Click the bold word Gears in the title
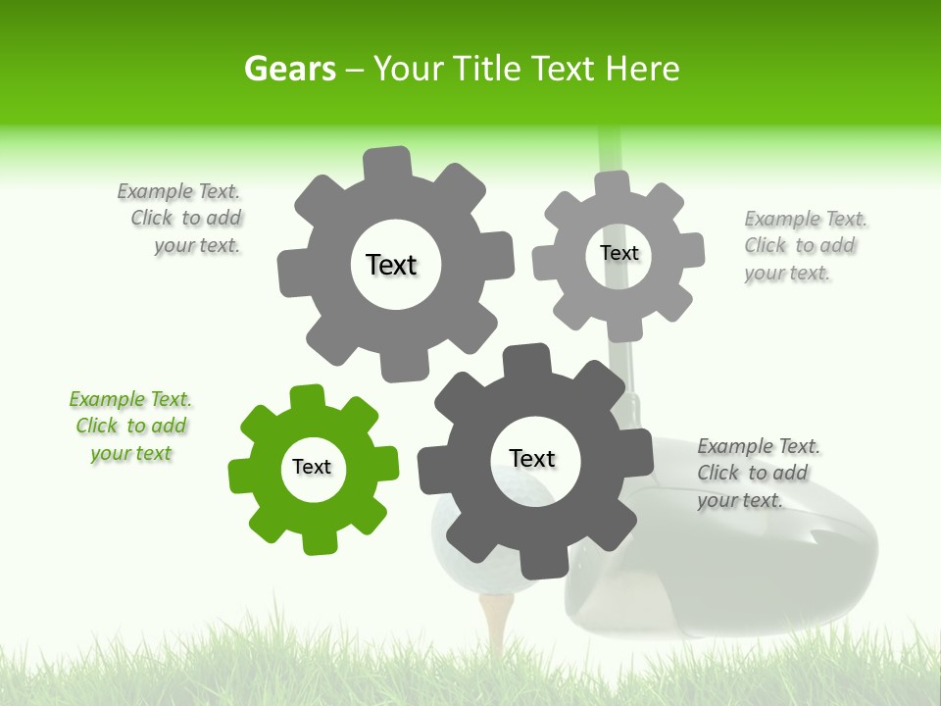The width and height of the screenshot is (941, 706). click(x=289, y=69)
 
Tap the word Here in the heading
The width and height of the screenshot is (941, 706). click(x=642, y=69)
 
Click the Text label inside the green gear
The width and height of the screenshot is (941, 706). click(x=312, y=468)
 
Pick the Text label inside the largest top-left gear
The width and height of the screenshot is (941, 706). click(x=391, y=265)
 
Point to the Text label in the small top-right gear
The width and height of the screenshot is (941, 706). click(x=619, y=253)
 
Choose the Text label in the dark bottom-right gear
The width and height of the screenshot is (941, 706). click(x=532, y=459)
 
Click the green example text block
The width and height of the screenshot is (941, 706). click(x=130, y=427)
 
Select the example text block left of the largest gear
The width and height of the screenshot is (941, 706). click(x=181, y=219)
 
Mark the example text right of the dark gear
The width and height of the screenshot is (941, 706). click(x=757, y=474)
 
